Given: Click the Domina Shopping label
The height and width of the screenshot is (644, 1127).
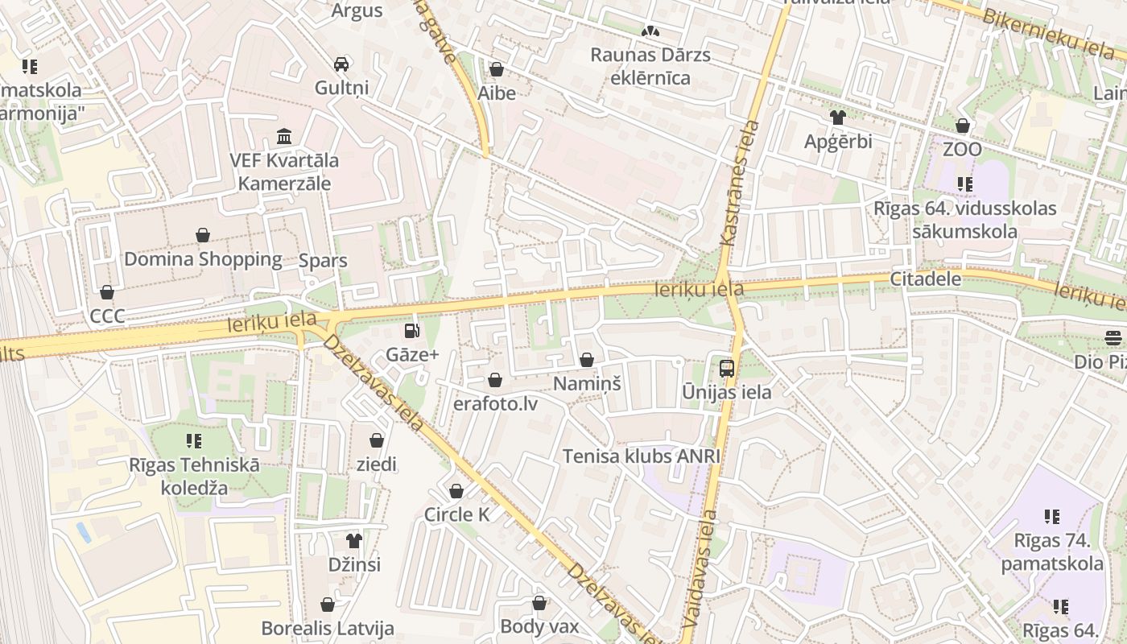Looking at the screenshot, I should pos(203,259).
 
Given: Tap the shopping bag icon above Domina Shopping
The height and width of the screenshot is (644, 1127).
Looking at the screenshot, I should pos(203,235).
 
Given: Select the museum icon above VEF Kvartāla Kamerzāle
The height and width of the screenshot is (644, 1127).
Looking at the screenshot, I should pos(284,136).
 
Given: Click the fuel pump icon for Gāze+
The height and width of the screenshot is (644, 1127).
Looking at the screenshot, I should pos(411,330).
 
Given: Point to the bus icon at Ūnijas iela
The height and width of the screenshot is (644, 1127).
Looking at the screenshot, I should pos(726,369).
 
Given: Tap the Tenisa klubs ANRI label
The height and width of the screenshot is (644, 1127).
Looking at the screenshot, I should pos(641,456).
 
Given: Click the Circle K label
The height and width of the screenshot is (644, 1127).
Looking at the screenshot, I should pos(456,514).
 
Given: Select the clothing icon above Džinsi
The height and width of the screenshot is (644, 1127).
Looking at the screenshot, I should pos(354,540).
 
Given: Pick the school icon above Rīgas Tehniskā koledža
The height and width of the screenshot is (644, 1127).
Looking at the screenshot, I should pos(194,440).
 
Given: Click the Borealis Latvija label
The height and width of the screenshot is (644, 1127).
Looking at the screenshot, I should pos(327,628).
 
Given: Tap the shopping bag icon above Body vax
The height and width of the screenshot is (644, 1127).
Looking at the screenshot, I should pos(539,602).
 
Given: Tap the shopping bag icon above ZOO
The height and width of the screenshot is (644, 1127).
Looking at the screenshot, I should pos(963,126).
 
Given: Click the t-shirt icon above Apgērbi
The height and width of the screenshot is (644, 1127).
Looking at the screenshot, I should pos(838,118).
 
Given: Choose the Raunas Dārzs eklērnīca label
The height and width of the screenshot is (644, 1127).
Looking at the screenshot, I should pos(650,66).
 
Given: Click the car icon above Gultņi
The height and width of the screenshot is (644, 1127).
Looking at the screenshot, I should pos(341,64).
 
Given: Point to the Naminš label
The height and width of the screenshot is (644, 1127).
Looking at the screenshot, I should pos(587,384).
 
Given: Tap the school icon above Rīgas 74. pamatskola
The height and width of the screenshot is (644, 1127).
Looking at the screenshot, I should pos(1052,516).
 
